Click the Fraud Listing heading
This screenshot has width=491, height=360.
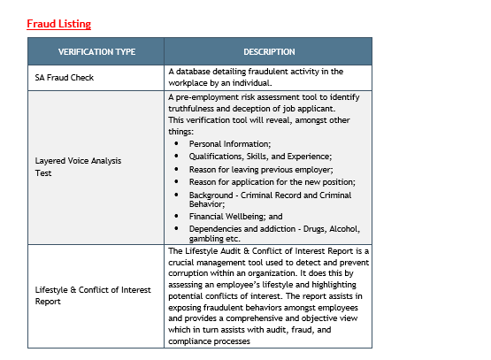point(58,23)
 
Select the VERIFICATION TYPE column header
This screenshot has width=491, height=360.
point(96,51)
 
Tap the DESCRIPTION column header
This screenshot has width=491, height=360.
point(269,51)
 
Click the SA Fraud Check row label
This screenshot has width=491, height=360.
point(65,77)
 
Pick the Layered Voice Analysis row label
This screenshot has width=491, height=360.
point(78,161)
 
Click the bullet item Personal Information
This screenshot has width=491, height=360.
point(230,143)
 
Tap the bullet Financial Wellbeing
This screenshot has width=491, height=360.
point(235,216)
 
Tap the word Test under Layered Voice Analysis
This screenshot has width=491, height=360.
point(43,173)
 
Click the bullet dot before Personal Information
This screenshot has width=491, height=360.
point(177,143)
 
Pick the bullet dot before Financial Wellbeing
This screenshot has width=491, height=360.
point(177,216)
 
